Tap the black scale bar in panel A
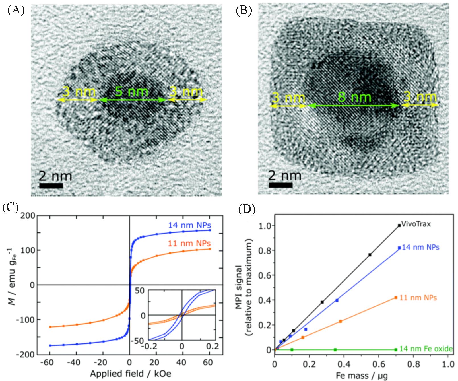51,186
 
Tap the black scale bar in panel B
280,185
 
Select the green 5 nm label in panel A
131,92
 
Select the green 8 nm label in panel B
354,97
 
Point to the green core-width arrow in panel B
354,106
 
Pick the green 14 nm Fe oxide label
426,349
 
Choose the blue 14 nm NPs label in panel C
189,225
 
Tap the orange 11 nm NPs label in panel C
189,243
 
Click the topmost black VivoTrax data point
399,225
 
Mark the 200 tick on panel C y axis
28,216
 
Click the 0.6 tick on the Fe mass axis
378,364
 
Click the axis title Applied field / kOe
131,373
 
